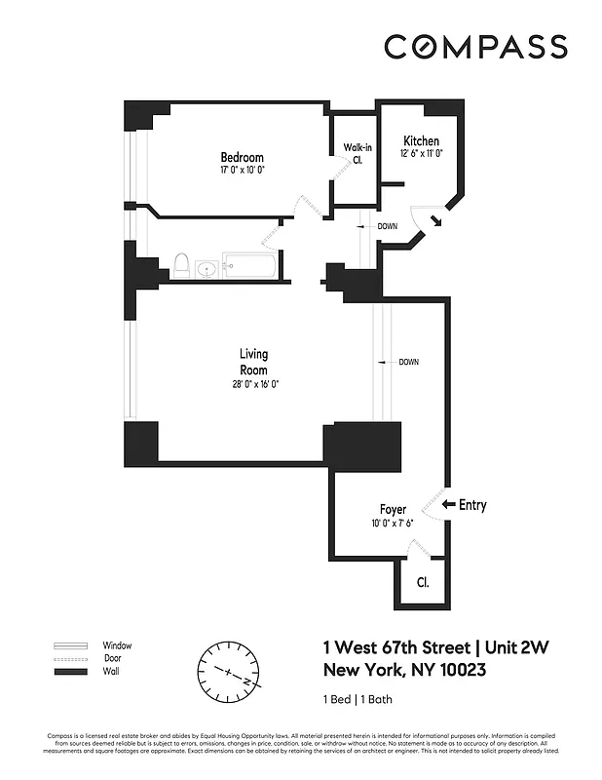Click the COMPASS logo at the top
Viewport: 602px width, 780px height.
[474, 47]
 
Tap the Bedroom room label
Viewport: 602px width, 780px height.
[242, 158]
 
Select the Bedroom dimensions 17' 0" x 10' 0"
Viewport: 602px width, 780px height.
[242, 171]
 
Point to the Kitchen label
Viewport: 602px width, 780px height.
[421, 141]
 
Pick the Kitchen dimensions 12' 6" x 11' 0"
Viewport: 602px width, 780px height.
[421, 154]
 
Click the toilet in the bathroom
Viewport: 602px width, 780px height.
[180, 263]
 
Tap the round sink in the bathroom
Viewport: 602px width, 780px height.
[206, 268]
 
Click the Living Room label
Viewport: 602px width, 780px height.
[254, 362]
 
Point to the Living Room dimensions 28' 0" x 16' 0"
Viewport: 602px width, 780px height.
[254, 384]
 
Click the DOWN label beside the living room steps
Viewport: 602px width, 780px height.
[409, 362]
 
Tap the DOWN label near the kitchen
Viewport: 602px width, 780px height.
[387, 226]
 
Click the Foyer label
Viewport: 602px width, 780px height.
[393, 510]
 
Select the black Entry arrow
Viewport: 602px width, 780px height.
[448, 505]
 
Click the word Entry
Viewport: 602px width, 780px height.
[472, 505]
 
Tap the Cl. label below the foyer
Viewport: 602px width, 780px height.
[423, 584]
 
